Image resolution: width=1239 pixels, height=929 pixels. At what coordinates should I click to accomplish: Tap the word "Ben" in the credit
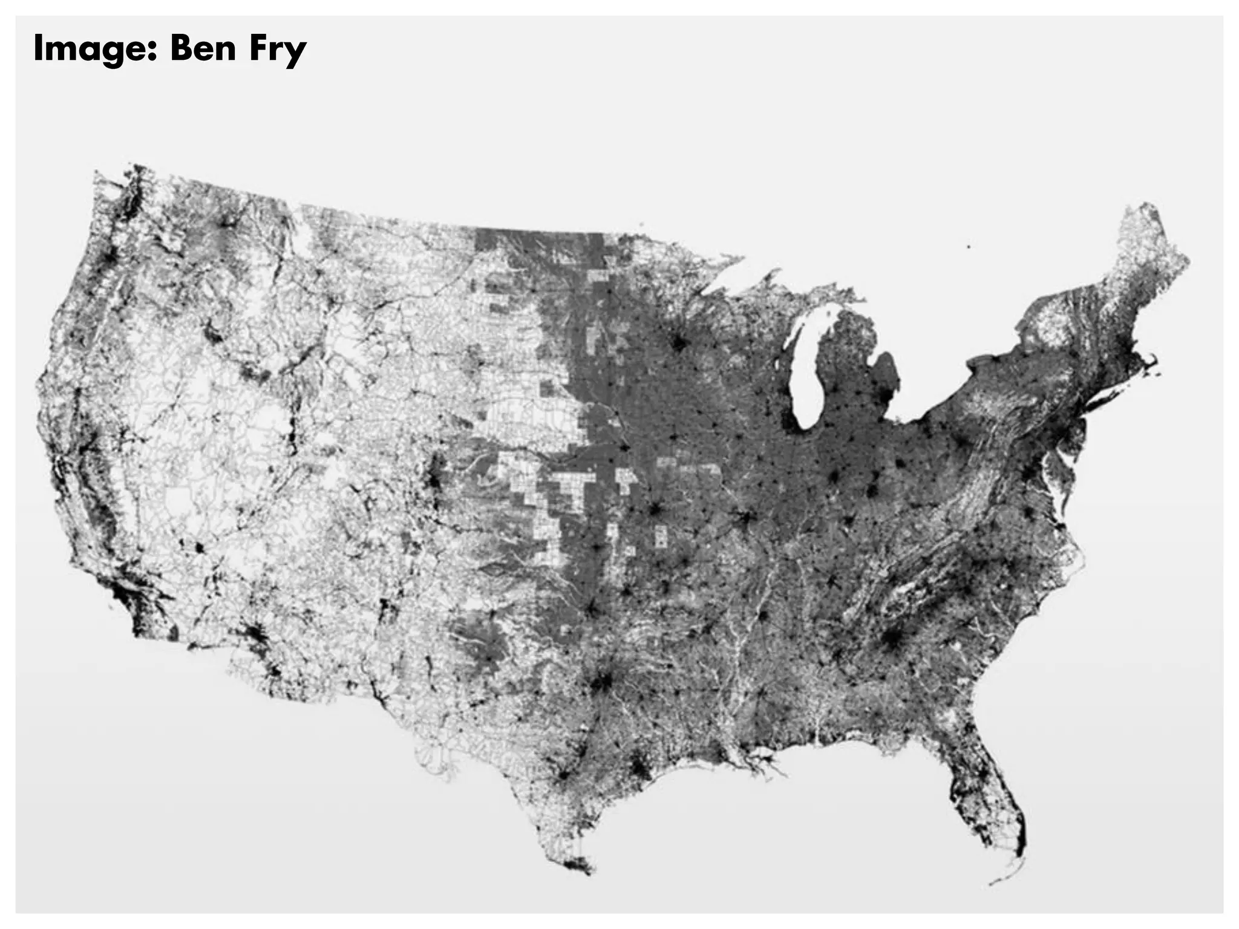[x=203, y=48]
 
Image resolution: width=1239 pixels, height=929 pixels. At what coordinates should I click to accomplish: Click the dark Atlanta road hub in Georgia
[x=891, y=639]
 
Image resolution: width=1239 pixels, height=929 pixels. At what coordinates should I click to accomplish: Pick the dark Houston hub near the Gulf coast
[x=638, y=768]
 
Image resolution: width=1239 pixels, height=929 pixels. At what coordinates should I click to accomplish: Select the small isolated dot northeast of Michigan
[x=969, y=247]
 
